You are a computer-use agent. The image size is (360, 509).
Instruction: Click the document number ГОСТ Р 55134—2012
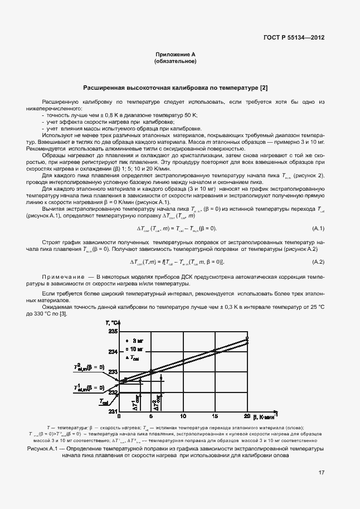[x=293, y=37]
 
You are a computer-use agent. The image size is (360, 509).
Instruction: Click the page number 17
[x=322, y=473]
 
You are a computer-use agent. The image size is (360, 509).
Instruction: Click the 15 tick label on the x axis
[x=215, y=416]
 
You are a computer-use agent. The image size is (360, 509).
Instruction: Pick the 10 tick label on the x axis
[x=183, y=416]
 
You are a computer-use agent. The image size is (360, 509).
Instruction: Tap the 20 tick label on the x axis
[x=247, y=416]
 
